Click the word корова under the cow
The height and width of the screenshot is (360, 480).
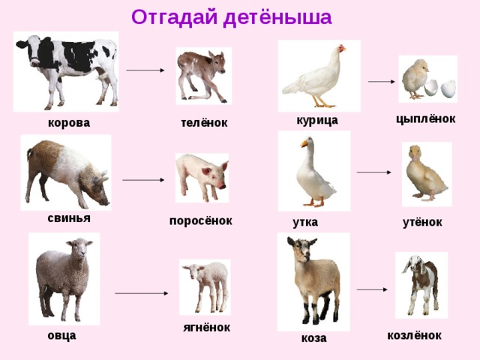(x=68, y=122)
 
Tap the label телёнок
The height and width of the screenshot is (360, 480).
(x=204, y=122)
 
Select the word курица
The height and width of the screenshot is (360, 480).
(x=317, y=120)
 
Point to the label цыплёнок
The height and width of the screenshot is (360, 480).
(x=425, y=118)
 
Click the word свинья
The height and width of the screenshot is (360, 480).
(x=69, y=217)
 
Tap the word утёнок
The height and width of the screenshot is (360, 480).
(x=422, y=222)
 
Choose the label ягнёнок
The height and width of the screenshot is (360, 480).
(x=206, y=327)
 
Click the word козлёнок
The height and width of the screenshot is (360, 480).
(x=414, y=335)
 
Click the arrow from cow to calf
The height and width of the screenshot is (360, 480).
(x=145, y=70)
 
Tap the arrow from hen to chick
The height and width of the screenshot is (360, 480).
(x=381, y=82)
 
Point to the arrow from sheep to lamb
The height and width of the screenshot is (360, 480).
(x=141, y=293)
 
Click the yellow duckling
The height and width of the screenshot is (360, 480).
(x=425, y=174)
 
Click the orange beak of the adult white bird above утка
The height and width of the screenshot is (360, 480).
(x=304, y=142)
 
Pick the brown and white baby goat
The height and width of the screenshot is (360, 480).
(x=421, y=283)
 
